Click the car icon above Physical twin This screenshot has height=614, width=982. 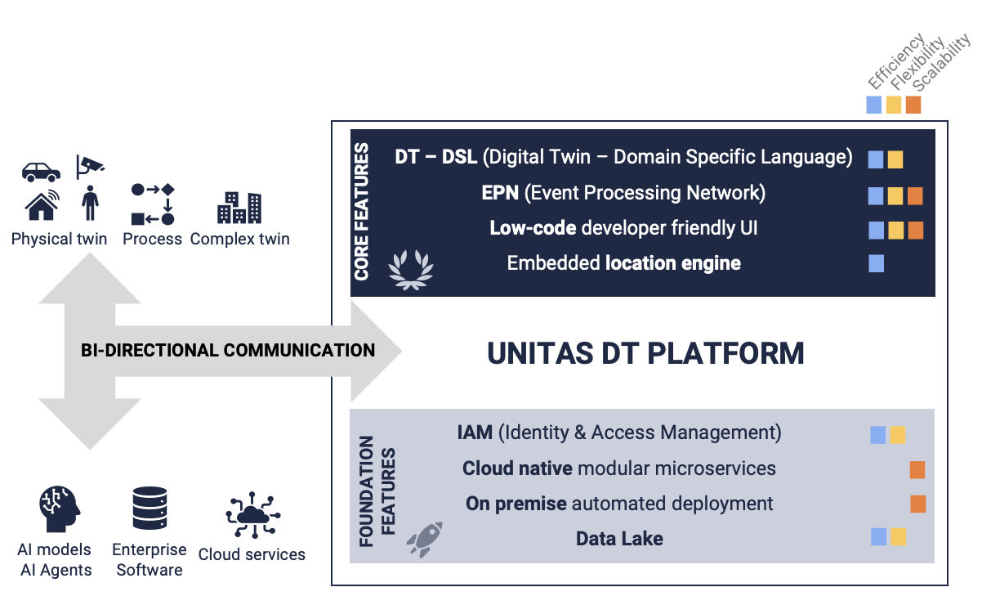point(41,172)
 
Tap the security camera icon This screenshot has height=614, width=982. point(89,166)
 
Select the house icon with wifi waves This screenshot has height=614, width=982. point(42,205)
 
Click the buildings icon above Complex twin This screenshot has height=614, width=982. point(239,208)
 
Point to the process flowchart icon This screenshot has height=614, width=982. point(153,204)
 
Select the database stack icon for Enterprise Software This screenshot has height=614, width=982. point(150,508)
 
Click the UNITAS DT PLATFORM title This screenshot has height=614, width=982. point(645,353)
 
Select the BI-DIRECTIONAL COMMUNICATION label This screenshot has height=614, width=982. point(228,351)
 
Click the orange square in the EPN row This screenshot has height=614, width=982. point(915,195)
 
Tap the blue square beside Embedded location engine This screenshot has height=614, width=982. point(876,263)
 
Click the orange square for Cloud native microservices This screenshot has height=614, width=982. point(917,469)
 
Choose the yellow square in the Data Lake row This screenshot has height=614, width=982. point(898,536)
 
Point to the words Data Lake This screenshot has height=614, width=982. point(619,539)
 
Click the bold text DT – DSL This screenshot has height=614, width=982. point(436,157)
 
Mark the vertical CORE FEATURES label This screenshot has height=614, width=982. point(362,212)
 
